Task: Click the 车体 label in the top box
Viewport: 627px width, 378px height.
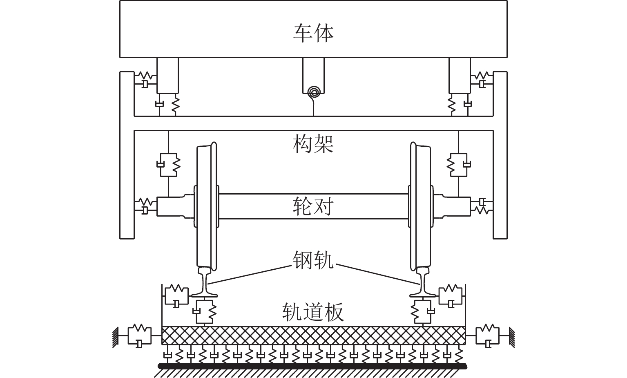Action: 313,33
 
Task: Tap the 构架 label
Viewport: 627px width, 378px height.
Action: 313,144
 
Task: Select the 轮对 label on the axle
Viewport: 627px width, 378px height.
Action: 313,206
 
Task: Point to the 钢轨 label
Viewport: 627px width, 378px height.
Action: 313,260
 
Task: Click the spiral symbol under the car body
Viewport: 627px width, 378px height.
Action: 313,91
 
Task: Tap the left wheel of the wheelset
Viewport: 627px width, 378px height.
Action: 206,204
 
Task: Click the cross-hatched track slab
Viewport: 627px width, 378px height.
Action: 313,335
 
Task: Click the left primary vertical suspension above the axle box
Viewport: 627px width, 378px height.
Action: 168,165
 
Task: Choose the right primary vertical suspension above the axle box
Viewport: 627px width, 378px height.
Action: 458,165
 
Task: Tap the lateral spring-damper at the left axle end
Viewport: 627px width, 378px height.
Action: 145,206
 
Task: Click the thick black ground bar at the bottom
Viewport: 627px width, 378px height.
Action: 313,366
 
